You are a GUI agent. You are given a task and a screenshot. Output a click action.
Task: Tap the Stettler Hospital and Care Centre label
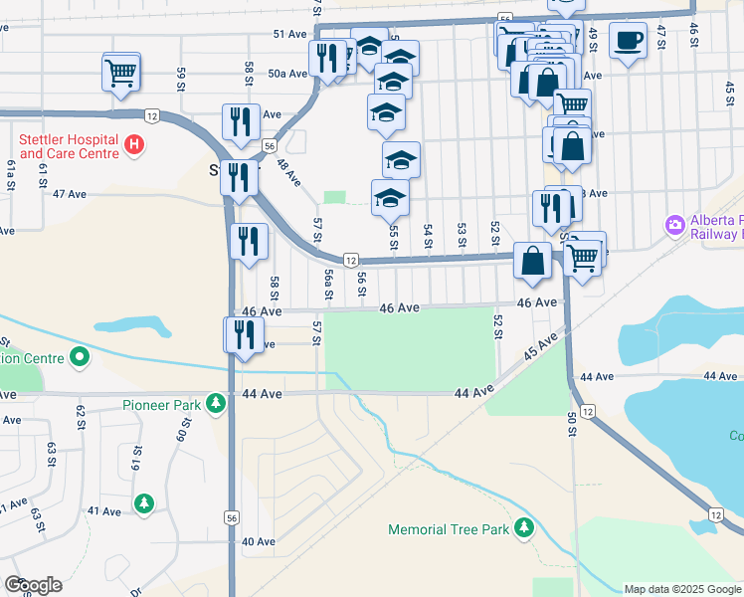(67, 147)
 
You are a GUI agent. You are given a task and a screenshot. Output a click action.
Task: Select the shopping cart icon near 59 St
(120, 73)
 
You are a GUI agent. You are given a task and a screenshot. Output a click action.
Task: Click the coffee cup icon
(627, 42)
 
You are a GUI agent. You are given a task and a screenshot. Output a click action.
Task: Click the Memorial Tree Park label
(448, 530)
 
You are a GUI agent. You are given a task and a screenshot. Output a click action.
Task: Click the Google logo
(33, 585)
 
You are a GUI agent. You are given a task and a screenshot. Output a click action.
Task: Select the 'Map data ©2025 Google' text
(682, 589)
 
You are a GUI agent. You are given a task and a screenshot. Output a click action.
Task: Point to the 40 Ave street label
(258, 541)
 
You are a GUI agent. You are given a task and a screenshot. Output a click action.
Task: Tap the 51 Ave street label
(291, 33)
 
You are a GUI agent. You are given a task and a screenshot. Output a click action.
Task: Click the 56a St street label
(327, 284)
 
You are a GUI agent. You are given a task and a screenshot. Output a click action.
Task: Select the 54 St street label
(428, 236)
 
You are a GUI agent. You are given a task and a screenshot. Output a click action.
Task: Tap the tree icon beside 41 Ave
(145, 504)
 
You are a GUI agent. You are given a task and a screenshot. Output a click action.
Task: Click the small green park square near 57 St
(335, 197)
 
